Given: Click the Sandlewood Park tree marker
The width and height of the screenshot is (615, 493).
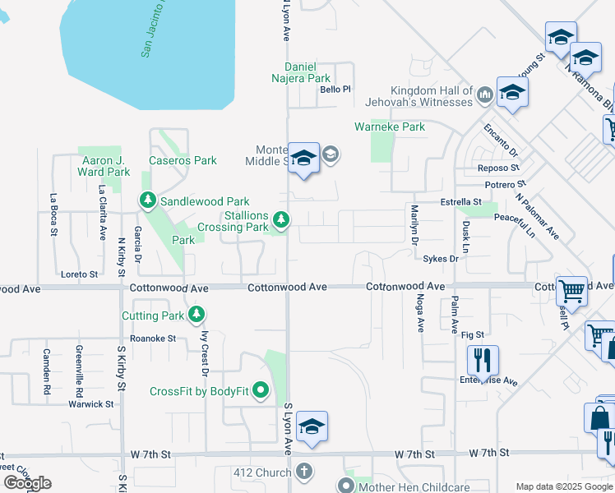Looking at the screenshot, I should (x=148, y=200).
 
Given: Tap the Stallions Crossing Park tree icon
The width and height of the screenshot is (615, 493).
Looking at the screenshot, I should (x=281, y=219).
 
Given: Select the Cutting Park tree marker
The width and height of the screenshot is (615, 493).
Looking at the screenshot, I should (x=196, y=314).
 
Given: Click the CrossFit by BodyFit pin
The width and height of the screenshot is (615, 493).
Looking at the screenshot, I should (x=261, y=390).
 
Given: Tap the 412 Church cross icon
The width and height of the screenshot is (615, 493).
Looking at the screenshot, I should (x=304, y=472).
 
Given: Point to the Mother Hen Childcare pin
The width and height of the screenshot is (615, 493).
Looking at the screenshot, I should (x=345, y=486).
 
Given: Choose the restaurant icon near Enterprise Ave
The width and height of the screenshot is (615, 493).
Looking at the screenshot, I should (x=483, y=360).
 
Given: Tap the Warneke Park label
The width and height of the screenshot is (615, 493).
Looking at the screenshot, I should (x=390, y=127).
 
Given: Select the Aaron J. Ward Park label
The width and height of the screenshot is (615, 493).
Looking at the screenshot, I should (x=104, y=166).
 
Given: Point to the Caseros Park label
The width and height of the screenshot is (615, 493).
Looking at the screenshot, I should (x=183, y=160).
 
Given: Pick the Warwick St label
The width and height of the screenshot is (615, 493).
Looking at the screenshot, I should (x=90, y=404).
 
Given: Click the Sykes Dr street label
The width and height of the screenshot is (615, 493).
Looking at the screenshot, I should (x=440, y=258).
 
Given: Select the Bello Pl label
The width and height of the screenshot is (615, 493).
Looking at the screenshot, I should (x=335, y=90).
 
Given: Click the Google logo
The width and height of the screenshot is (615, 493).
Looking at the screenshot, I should (x=27, y=482).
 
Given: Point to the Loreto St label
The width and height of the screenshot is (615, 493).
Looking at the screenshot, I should (x=80, y=274).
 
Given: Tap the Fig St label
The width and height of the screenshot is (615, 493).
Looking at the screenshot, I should (x=473, y=334).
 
